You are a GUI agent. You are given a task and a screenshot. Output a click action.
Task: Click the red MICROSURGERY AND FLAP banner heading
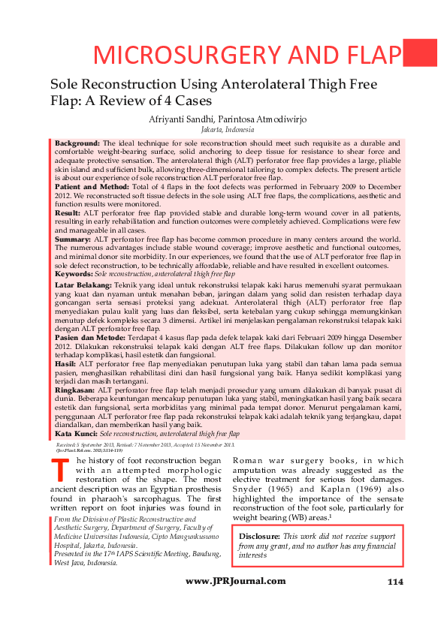[x=246, y=55]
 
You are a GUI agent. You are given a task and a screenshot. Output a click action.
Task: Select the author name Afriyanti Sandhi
[x=182, y=119]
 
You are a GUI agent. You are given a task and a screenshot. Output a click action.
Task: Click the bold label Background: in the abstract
[x=77, y=143]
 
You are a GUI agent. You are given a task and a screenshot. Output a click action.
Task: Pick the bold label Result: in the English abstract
[x=68, y=213]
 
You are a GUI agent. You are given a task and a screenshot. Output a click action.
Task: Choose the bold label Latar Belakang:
[x=83, y=286]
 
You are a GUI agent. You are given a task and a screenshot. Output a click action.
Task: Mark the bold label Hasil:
[x=66, y=362]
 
